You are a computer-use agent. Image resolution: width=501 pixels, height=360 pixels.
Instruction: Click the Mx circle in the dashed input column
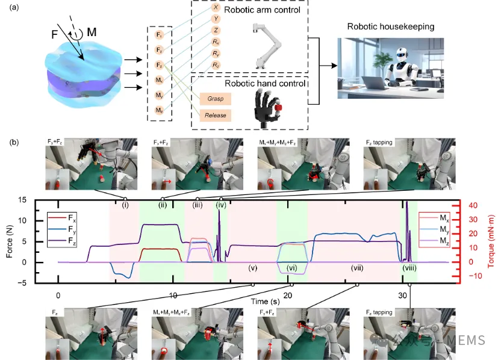point(160,80)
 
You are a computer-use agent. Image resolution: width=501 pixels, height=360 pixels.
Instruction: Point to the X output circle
point(216,8)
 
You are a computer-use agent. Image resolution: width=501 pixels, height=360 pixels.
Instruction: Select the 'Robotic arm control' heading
point(263,11)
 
